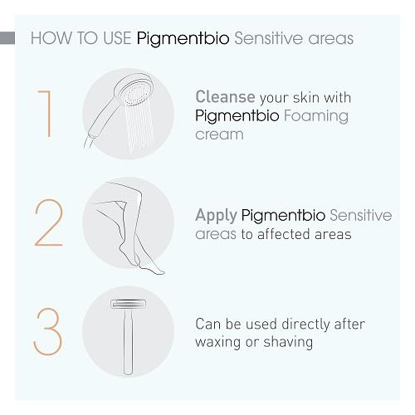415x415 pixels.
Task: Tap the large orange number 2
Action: (x=49, y=222)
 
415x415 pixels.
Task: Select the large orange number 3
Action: (x=48, y=332)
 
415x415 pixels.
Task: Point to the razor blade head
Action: (x=128, y=305)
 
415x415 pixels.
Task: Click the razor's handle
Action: (x=128, y=342)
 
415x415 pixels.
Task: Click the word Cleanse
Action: (x=225, y=97)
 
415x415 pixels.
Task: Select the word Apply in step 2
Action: (x=216, y=216)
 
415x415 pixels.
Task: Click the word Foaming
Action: (x=316, y=116)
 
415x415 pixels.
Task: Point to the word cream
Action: (x=219, y=134)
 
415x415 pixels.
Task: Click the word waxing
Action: (x=218, y=343)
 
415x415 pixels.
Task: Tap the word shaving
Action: (x=288, y=342)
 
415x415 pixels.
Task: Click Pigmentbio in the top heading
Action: (x=183, y=39)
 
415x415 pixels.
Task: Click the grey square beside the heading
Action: (x=7, y=38)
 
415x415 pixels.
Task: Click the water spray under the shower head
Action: (x=139, y=126)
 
